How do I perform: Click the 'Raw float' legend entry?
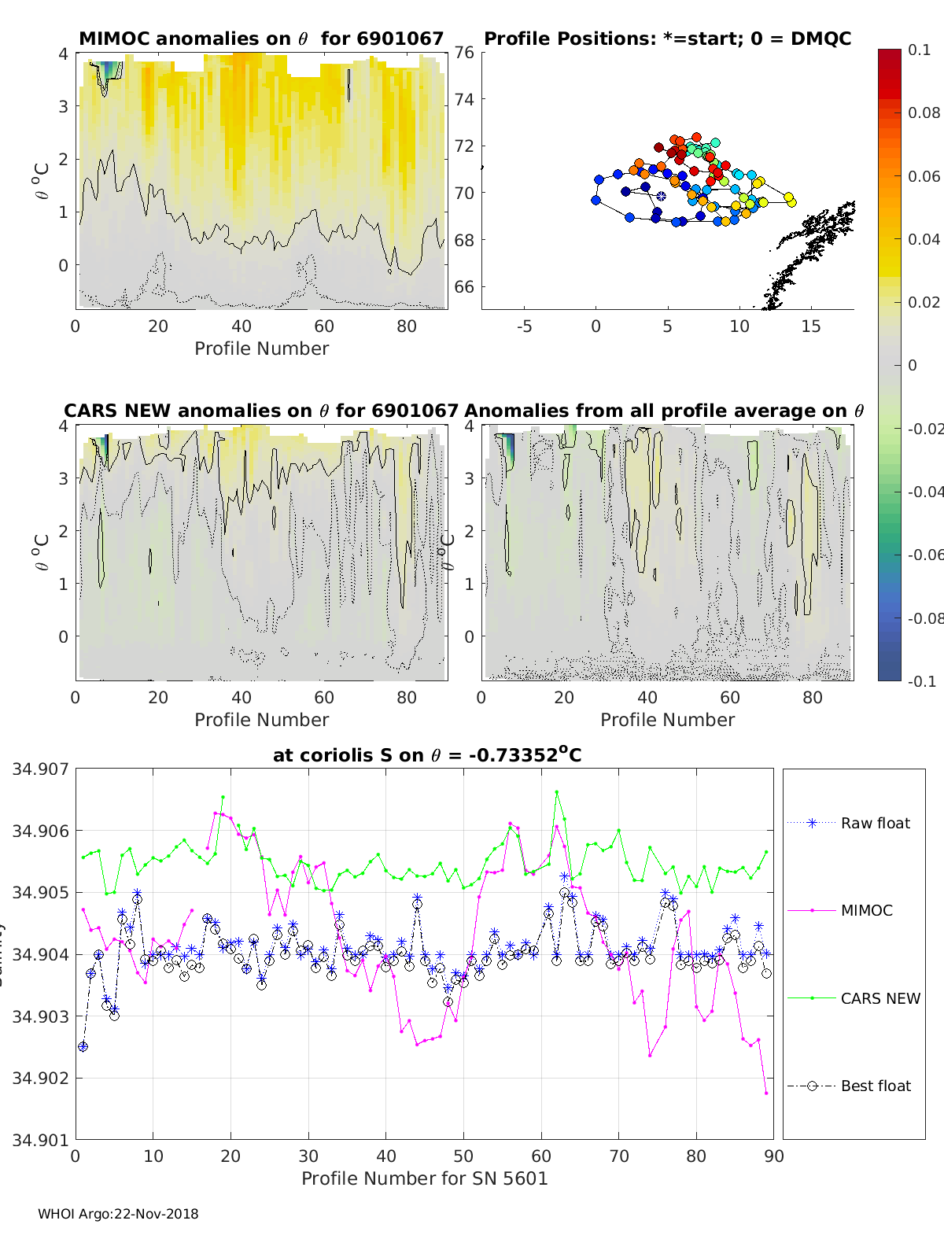tap(875, 823)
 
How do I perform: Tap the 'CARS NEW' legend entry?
tap(879, 998)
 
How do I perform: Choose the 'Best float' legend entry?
tap(875, 1086)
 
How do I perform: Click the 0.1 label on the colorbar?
tap(919, 50)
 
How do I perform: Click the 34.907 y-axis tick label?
tap(40, 769)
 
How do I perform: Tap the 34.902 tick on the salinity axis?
tap(40, 1079)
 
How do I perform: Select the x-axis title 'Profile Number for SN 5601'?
tap(424, 1178)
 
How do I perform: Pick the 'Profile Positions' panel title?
tap(667, 39)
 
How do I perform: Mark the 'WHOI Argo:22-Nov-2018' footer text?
tap(118, 1214)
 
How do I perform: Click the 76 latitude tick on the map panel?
tap(464, 53)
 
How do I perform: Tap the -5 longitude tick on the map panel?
tap(524, 326)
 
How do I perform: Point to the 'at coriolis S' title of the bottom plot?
tap(427, 755)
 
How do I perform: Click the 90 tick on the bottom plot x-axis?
tap(774, 1156)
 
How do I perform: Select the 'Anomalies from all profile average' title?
tap(664, 411)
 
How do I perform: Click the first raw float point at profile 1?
tap(83, 1046)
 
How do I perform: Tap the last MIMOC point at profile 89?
tap(766, 1093)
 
